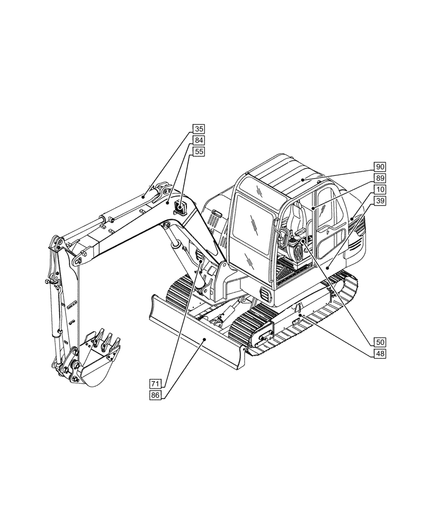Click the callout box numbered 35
point(199,129)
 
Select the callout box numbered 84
point(199,140)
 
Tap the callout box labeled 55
point(199,152)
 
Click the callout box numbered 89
point(380,178)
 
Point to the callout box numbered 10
point(380,189)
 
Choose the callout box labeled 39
point(380,200)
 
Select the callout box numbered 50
point(380,342)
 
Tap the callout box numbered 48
point(380,354)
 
